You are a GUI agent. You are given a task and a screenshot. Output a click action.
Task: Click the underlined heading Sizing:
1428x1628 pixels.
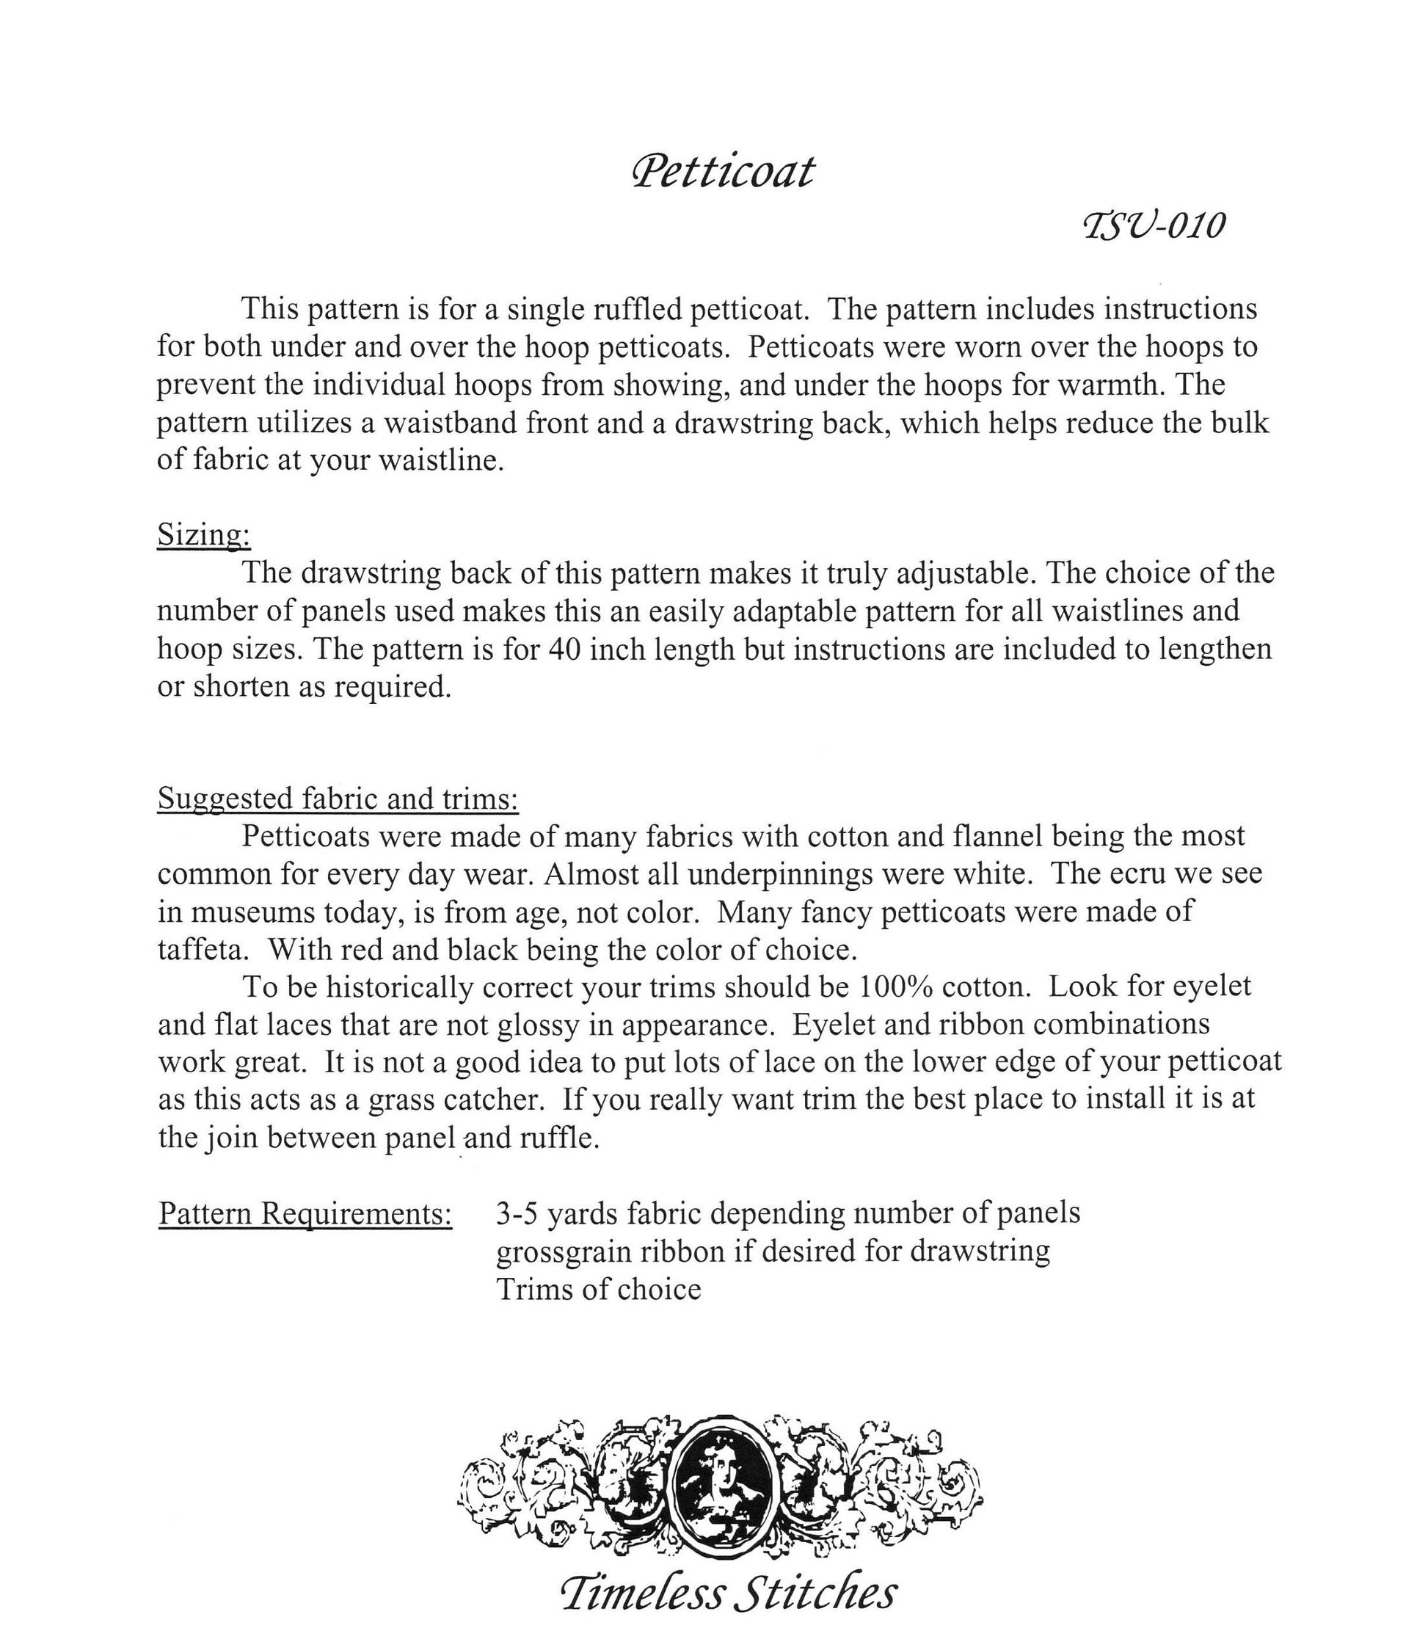[204, 534]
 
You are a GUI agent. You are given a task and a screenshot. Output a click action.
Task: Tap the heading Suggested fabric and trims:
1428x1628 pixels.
[338, 798]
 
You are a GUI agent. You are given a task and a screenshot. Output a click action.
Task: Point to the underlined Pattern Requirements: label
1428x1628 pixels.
[305, 1213]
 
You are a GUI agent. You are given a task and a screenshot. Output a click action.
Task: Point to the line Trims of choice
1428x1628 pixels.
[598, 1289]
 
